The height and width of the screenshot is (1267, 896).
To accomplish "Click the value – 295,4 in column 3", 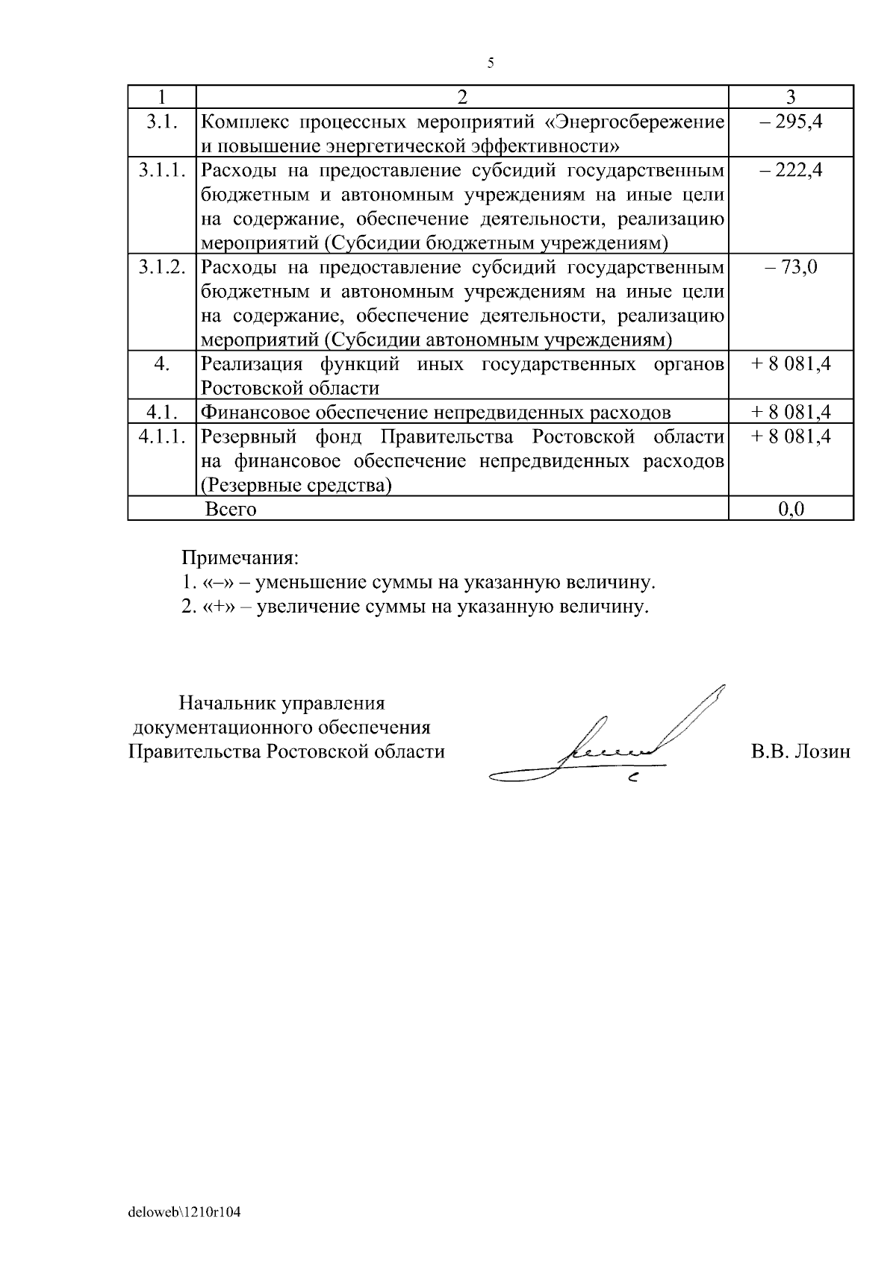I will tap(791, 121).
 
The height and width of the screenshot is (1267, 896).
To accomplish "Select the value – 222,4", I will tap(791, 170).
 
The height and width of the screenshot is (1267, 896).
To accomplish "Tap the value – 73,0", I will tap(791, 266).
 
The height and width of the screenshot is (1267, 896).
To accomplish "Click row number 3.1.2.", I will tap(161, 266).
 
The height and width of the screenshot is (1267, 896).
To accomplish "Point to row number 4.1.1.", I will tap(161, 437).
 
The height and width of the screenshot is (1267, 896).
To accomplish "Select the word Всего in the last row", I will tap(231, 510).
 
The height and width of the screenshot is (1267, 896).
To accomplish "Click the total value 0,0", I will tap(791, 510).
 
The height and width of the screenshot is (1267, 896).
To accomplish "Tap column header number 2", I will tap(461, 97).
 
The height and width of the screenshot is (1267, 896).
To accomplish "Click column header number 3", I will tap(791, 97).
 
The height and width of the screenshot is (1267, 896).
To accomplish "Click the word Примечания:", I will tap(240, 558).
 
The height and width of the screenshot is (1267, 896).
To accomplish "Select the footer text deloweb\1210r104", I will tap(184, 1213).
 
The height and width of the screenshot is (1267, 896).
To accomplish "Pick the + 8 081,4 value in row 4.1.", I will tap(791, 412).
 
